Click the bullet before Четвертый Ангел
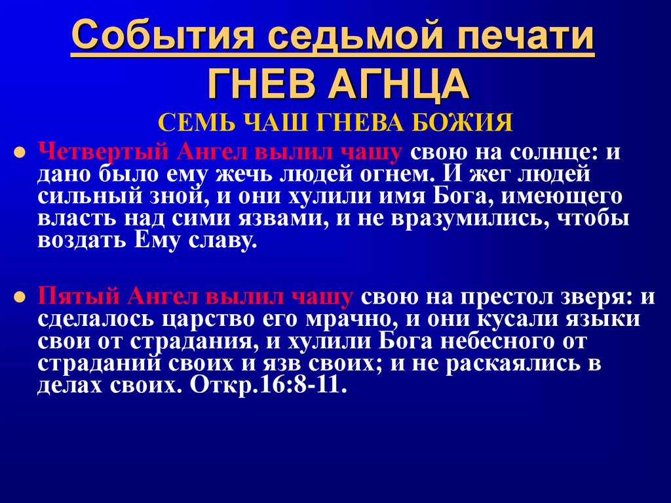coord(20,153)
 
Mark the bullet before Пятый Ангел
coord(20,296)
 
